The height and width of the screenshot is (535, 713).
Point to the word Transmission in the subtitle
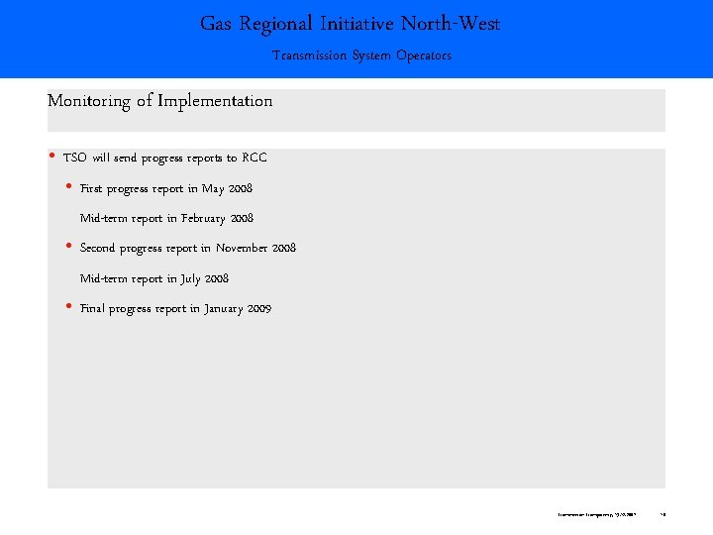pos(308,55)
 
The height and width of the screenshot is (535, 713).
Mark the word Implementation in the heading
pos(218,101)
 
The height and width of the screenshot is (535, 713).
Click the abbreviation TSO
pos(75,158)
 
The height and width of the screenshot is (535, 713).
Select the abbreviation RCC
pos(255,158)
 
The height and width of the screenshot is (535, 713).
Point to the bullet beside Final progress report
pos(68,308)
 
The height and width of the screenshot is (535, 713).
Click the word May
pos(213,188)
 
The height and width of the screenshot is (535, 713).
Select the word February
pos(203,218)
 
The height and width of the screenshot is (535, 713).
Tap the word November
pos(236,248)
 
